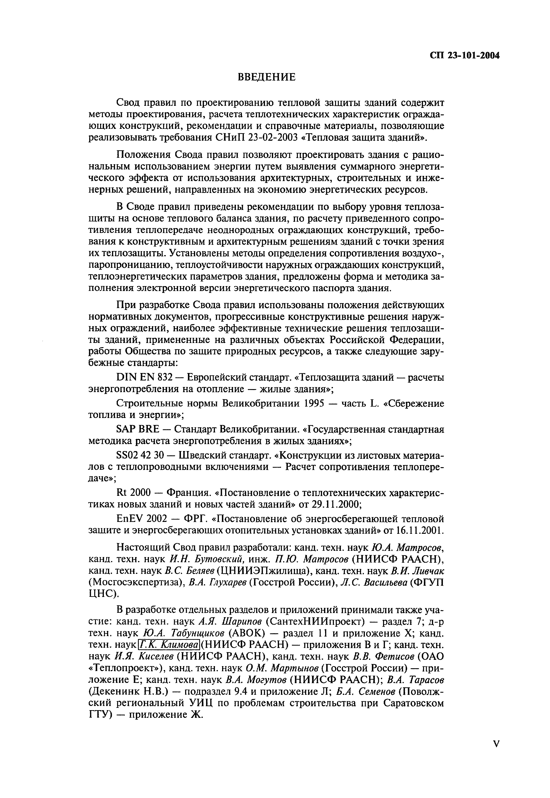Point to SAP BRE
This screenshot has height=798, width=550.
pos(138,430)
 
